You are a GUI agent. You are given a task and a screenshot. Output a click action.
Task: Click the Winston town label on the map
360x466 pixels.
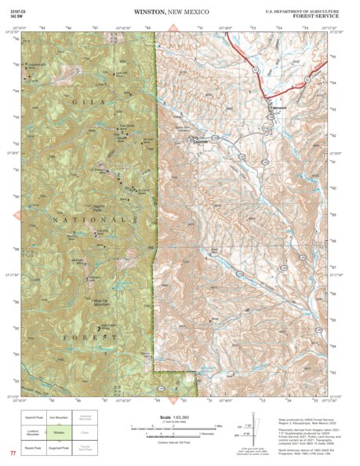pyautogui.click(x=279, y=109)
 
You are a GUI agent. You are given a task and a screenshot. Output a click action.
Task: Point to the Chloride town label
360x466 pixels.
pyautogui.click(x=199, y=140)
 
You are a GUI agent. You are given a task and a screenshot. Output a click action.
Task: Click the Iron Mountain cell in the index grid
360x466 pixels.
pyautogui.click(x=59, y=418)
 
